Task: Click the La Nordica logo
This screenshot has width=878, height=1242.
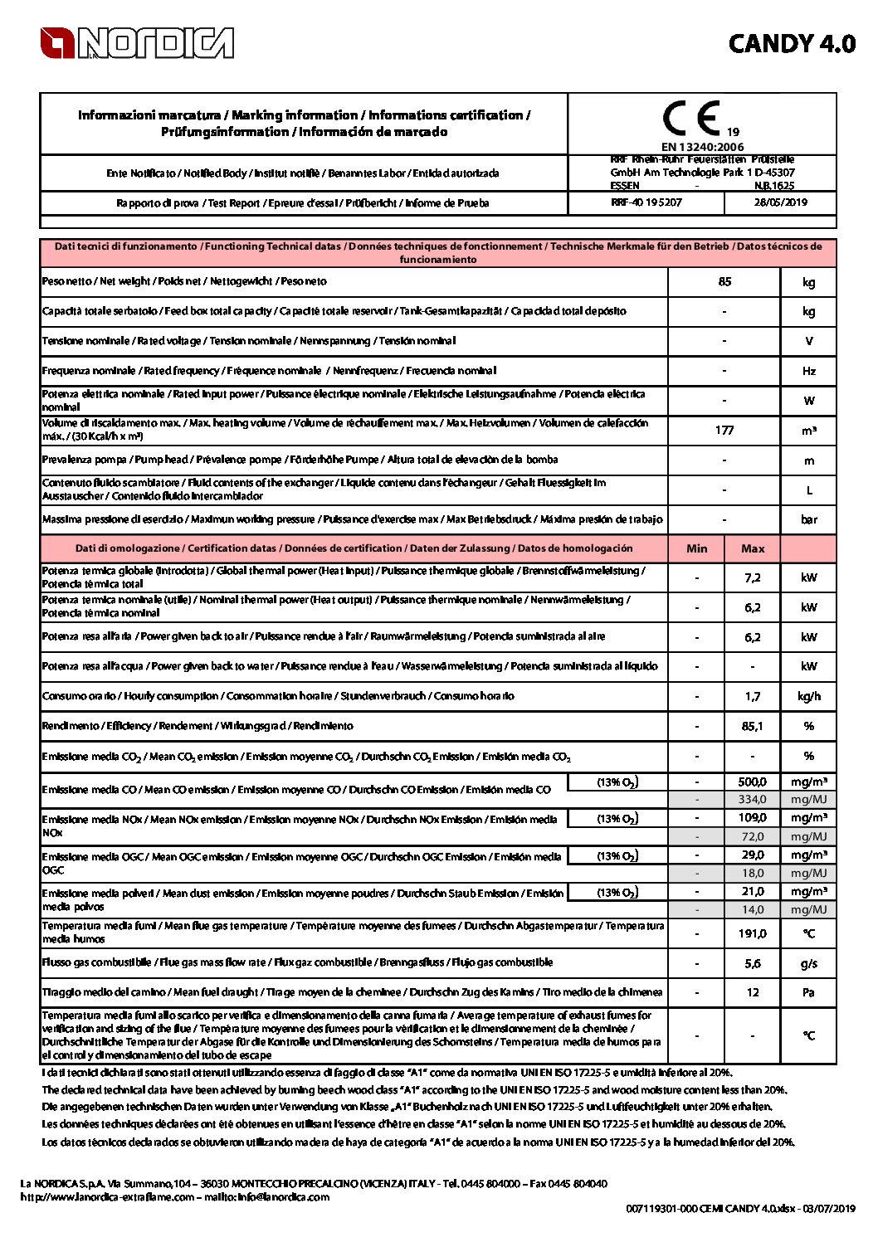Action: [137, 43]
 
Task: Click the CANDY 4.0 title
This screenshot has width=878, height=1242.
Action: [791, 44]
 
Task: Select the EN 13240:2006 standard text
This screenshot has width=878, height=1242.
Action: [702, 147]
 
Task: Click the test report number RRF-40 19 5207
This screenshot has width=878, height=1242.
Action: [646, 202]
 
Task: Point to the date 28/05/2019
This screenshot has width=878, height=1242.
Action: [780, 202]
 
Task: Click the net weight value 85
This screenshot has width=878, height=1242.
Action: [724, 282]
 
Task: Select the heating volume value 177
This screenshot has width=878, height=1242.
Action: [724, 430]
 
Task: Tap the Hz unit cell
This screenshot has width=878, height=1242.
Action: [808, 371]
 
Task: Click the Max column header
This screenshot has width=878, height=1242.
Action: [753, 548]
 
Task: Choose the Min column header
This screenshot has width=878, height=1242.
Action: [696, 548]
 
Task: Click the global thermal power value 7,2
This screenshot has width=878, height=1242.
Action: [753, 577]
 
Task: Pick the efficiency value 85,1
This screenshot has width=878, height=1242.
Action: [753, 726]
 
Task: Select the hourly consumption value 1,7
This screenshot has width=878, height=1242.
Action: [753, 696]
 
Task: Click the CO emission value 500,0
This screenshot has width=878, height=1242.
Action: [753, 782]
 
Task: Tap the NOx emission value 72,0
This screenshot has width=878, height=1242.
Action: [753, 836]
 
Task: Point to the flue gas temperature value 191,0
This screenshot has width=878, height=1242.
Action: [753, 933]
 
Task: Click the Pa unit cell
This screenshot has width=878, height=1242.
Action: [808, 992]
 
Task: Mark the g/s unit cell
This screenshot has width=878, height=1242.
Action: [808, 963]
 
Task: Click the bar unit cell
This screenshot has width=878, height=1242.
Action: [808, 519]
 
